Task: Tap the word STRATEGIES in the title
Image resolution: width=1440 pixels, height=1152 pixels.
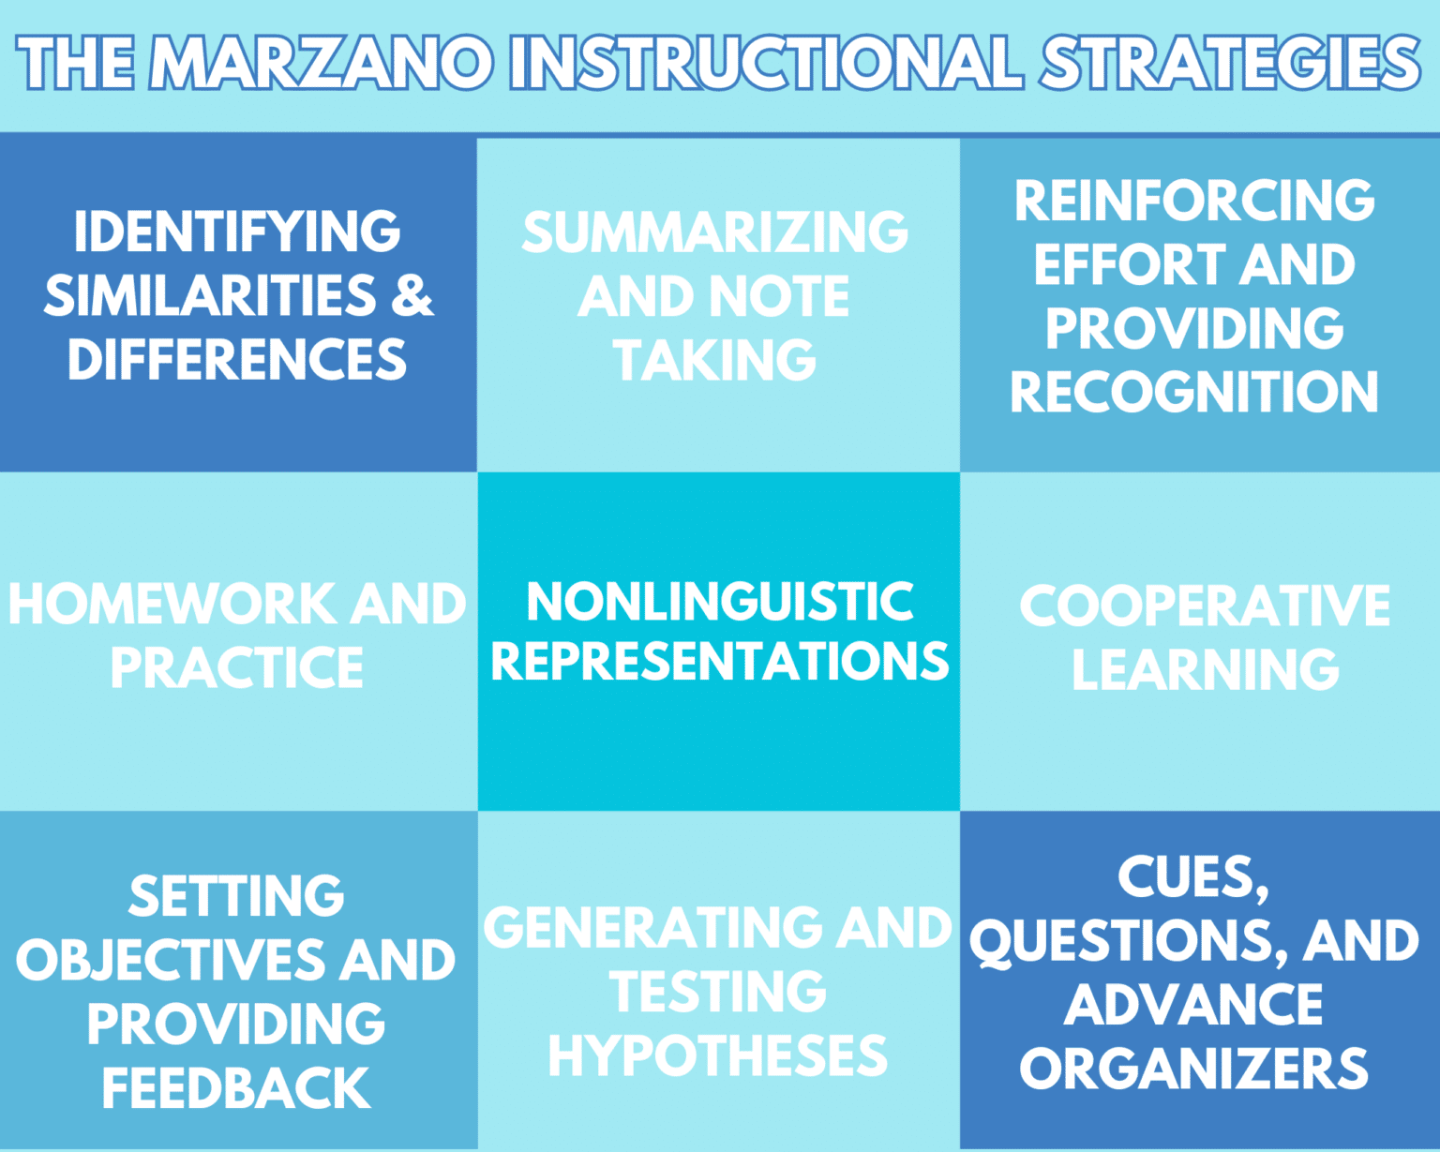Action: coord(1230,64)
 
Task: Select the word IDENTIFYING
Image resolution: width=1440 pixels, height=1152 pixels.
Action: coord(237,232)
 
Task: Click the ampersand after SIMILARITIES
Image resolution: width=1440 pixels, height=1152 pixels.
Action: coord(412,296)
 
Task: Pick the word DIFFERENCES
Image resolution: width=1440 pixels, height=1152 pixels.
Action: coord(237,360)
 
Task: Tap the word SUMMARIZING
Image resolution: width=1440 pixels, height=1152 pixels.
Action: coord(715,232)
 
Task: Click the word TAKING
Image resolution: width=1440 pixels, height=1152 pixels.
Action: coord(715,361)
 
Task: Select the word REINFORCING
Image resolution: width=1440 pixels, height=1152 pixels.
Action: coord(1194,201)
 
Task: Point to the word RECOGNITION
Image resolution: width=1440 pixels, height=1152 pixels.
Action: coord(1194,392)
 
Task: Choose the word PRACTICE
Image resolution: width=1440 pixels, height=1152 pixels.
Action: coord(237,668)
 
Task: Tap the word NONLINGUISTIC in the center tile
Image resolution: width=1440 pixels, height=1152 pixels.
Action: coord(720,602)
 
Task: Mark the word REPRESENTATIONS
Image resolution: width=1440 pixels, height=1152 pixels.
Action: coord(720,661)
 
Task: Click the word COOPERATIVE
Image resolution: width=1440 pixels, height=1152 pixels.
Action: coord(1205,606)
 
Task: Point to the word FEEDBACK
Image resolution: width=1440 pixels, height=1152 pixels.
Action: coord(237,1088)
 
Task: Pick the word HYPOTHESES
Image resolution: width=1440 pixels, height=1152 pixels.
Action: coord(717,1056)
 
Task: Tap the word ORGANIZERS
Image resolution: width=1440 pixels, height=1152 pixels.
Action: coord(1194,1069)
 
